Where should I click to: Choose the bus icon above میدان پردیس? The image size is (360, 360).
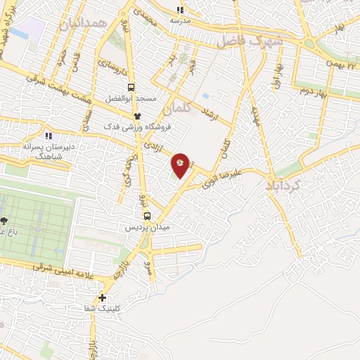[147, 216]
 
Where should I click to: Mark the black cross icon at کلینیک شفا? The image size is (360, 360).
[103, 297]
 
